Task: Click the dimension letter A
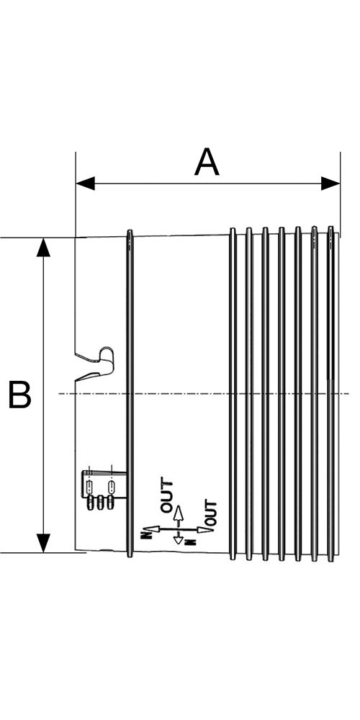[x=207, y=162]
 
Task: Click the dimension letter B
[x=19, y=395]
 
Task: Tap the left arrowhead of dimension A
[x=85, y=183]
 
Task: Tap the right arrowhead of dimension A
[x=330, y=183]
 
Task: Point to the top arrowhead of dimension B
[x=44, y=247]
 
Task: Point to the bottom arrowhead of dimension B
[x=44, y=543]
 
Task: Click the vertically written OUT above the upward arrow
[x=167, y=496]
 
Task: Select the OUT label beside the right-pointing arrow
[x=211, y=513]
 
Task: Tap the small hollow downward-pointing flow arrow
[x=178, y=538]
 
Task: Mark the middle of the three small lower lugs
[x=100, y=503]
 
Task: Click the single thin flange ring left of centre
[x=130, y=394]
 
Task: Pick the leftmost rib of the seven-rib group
[x=233, y=394]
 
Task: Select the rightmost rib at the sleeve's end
[x=330, y=394]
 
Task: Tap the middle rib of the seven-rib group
[x=282, y=394]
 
